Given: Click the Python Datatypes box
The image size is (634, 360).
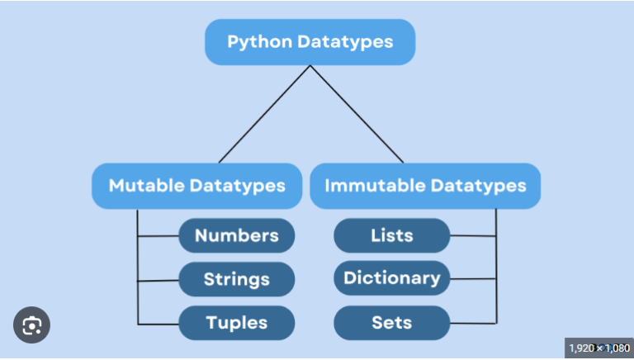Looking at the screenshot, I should tap(310, 41).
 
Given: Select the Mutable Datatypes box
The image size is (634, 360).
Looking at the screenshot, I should tap(196, 185).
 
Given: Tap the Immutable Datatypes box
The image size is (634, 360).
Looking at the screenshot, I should tap(425, 185).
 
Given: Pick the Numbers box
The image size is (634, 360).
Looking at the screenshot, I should tap(236, 236).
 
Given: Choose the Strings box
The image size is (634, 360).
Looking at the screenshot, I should tap(236, 279).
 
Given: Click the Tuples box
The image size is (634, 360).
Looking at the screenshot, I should tap(236, 322).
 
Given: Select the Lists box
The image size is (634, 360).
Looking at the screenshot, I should tap(391, 236).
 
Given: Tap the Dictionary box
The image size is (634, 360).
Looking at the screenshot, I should tap(391, 278).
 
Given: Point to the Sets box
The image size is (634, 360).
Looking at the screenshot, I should tap(391, 322).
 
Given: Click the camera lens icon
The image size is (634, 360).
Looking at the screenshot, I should tap(31, 325).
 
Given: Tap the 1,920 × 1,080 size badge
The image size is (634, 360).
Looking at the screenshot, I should tap(599, 348).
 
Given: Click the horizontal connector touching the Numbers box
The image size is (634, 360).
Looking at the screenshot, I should tap(158, 236).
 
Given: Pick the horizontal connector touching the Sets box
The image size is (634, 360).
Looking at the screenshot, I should tap(473, 322).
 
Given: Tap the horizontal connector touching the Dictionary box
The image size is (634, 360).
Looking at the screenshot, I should tap(473, 279).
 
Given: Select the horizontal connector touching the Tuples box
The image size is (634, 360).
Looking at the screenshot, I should tap(158, 322).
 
